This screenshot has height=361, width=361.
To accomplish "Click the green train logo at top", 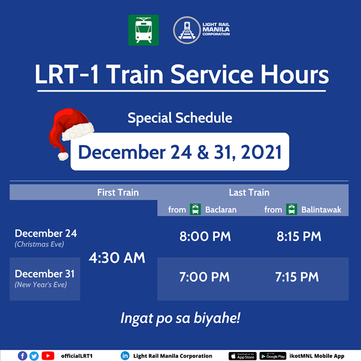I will tap(143, 30).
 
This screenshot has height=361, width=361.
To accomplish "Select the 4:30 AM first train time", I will tap(117, 258).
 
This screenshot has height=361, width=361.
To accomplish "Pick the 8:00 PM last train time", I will tap(205, 236).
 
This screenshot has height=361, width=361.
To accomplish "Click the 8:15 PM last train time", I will tap(299, 236).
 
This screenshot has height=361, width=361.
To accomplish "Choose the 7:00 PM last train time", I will tap(205, 277).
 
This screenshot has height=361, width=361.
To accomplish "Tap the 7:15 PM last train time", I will tap(298, 277).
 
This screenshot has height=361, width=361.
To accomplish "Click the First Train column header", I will tap(118, 193).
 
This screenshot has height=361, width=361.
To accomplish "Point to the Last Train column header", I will tap(249, 193).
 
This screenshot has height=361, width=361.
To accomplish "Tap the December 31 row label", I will tap(46, 274).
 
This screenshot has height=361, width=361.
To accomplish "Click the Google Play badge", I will tap(273, 356).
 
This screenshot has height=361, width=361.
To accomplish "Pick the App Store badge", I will tap(242, 356).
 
